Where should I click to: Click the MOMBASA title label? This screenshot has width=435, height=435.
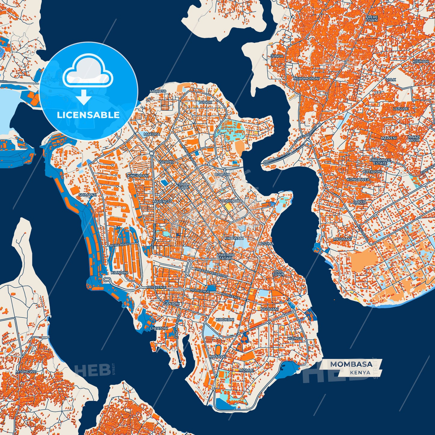351,364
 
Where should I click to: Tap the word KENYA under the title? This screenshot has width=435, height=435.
360,372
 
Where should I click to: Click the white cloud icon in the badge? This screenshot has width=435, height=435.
88,71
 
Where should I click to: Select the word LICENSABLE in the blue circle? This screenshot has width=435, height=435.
88,115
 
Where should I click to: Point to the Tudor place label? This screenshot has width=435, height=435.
205,102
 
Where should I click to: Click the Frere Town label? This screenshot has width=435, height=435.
372,19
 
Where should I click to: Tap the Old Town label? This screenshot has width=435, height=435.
278,273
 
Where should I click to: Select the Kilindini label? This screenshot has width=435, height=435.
120,272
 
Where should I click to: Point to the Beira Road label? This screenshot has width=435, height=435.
120,245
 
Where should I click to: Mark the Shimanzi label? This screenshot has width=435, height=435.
87,195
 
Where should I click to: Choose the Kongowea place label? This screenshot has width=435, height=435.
358,179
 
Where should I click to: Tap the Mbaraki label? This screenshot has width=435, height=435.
217,356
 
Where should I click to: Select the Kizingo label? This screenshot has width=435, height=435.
295,338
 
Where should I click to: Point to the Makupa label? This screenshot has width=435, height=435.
152,134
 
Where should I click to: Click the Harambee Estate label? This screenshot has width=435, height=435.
381,162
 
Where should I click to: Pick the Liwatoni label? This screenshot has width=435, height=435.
159,328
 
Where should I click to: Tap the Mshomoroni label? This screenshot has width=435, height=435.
306,79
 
